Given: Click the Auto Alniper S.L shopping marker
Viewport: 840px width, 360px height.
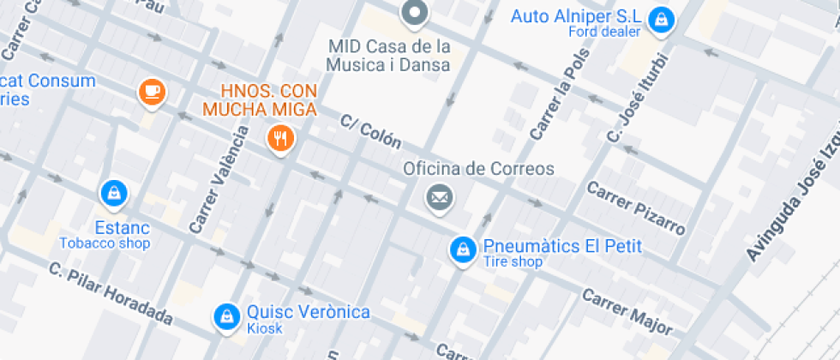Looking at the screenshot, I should (660, 19).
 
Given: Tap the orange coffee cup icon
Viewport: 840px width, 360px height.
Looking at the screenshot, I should (152, 91).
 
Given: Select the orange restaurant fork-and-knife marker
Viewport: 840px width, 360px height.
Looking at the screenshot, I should (279, 137).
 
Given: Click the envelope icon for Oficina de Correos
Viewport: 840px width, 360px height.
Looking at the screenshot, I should (440, 198).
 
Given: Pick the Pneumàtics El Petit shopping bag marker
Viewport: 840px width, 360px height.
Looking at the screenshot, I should (463, 249).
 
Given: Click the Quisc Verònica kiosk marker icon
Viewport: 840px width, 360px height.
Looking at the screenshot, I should (226, 316).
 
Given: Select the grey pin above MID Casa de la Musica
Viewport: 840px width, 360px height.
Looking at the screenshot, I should (415, 13).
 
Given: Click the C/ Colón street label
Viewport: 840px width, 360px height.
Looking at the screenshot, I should (370, 132).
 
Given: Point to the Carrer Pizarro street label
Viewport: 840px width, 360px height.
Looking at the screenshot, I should (636, 208).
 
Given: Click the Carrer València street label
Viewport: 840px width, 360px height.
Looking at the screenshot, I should (219, 180).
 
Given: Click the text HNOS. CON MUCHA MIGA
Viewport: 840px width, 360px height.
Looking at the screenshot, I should (260, 100).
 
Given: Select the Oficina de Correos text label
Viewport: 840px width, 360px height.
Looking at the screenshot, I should (479, 169).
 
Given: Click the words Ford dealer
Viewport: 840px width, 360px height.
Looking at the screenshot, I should (604, 32).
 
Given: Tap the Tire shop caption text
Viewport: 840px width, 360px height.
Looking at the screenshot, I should (513, 262).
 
